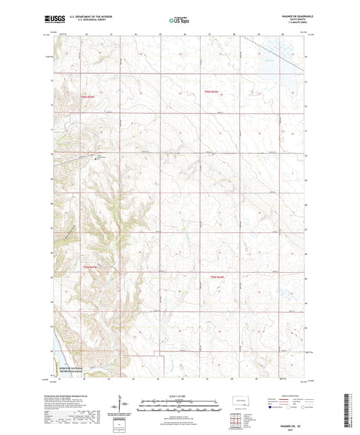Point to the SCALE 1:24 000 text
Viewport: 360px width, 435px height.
click(179, 396)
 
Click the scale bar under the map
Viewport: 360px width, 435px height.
click(179, 401)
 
